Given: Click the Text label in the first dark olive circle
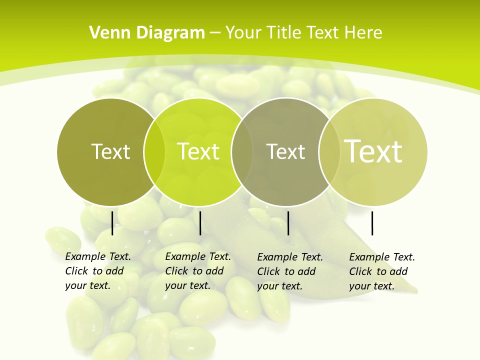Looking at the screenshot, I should click(x=110, y=151).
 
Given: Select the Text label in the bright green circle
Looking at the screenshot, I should click(x=198, y=151).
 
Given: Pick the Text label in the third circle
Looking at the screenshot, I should click(x=285, y=151).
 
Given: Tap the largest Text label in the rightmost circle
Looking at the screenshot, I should click(x=373, y=151).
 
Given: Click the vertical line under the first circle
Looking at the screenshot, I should click(x=112, y=223).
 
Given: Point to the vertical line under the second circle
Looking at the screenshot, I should click(x=200, y=223).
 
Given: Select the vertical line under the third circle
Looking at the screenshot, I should click(x=288, y=223).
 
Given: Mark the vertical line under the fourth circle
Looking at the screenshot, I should click(x=372, y=223).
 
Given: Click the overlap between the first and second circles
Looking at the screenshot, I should click(x=154, y=152).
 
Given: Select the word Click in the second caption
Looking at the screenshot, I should click(x=176, y=271).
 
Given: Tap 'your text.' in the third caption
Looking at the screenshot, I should click(x=279, y=286).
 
